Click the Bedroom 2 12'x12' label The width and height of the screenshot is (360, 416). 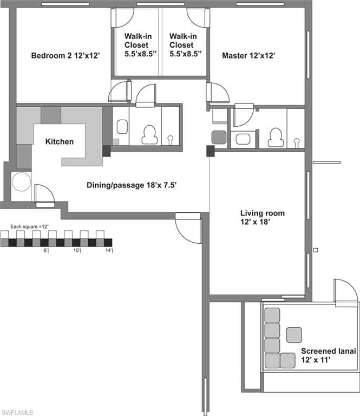[x=66, y=55]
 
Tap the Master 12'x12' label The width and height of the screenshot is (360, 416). [x=248, y=55]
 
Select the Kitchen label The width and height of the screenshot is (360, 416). [x=60, y=141]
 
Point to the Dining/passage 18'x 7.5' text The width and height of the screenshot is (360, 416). [x=132, y=185]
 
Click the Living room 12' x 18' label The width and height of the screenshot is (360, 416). [x=263, y=217]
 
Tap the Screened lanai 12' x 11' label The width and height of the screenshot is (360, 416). [x=328, y=355]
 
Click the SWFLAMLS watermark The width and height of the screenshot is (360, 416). [x=16, y=412]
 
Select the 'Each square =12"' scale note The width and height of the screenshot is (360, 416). [x=30, y=226]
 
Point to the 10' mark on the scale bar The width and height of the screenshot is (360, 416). [x=77, y=250]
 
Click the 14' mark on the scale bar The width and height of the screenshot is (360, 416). [x=109, y=250]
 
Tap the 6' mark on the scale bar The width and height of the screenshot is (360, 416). [x=46, y=250]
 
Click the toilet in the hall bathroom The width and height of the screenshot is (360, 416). [x=149, y=134]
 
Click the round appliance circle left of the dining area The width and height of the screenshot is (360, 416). [x=22, y=182]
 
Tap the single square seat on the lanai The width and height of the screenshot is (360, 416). [x=294, y=335]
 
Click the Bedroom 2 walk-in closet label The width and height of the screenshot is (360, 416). [x=141, y=45]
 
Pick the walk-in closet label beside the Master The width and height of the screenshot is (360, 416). [x=186, y=45]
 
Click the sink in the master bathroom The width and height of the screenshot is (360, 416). [x=243, y=139]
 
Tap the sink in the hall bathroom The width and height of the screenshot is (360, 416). [x=122, y=127]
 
